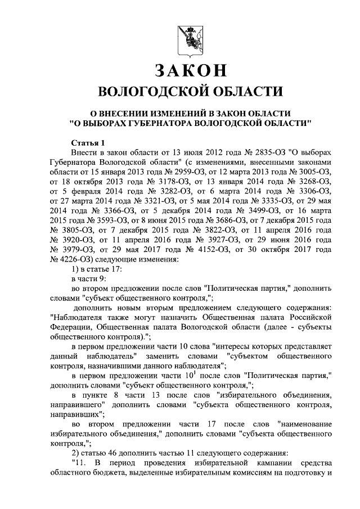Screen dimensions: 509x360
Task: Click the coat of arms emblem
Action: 190,38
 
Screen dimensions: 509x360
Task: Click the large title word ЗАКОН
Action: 190,71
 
